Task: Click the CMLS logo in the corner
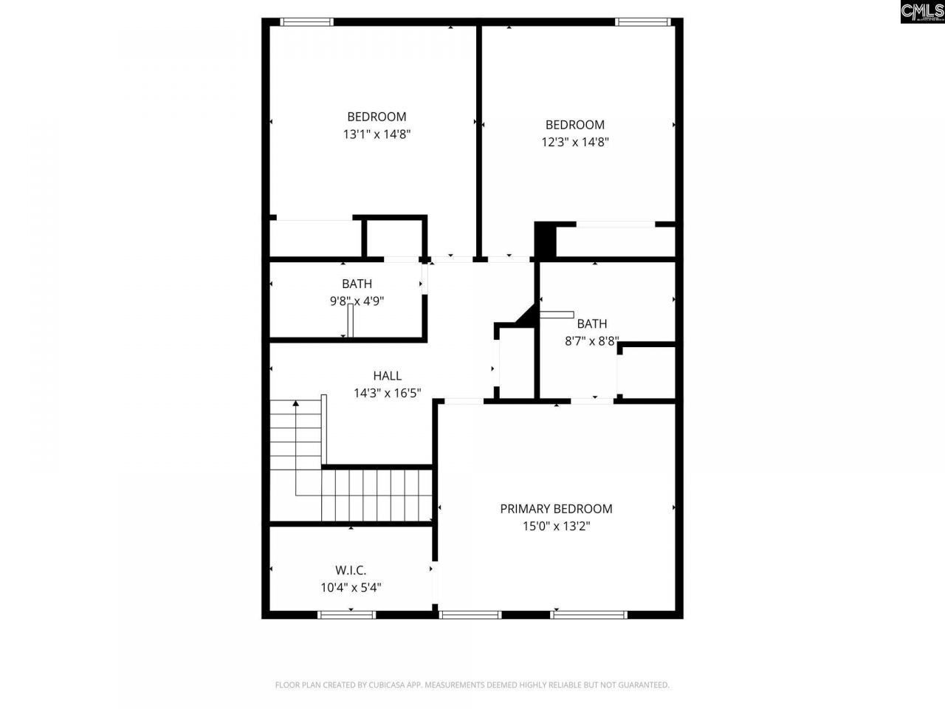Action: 922,11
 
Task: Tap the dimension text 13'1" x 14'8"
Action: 377,134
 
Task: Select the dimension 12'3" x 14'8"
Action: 575,143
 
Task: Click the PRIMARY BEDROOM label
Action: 556,508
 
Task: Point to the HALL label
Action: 387,376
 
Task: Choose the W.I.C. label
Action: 351,570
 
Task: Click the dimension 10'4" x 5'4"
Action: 351,588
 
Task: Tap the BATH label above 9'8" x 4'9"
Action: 357,284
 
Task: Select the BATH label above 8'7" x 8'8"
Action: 592,323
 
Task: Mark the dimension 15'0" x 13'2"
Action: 556,527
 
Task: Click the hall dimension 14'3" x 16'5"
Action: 387,394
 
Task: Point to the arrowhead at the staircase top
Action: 296,404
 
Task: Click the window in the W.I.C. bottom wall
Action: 346,614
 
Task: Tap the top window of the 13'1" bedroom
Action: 307,22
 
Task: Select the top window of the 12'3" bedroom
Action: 643,22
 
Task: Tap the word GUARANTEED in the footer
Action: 642,685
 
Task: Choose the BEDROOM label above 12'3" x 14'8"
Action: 574,125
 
